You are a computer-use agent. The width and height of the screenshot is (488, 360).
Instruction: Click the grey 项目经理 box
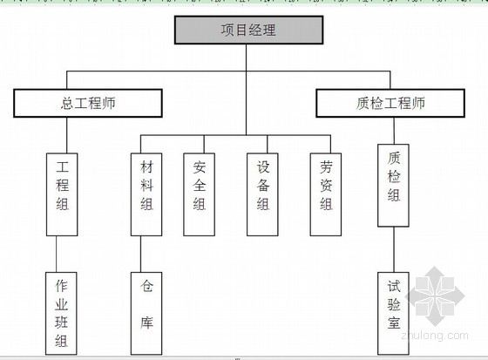[248, 30]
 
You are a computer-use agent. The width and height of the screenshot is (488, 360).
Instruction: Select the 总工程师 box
[88, 103]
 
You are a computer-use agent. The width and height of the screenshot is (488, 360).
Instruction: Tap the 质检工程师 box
[390, 103]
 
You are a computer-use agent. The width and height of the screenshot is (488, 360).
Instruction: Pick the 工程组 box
[62, 194]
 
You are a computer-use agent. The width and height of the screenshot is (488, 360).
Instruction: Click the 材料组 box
[146, 194]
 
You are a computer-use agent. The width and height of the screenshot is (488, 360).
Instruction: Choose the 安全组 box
[200, 194]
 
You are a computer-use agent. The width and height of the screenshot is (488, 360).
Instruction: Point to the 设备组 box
[262, 194]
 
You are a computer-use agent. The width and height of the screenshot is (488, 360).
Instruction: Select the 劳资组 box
[326, 194]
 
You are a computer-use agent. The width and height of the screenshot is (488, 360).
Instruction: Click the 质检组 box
[393, 186]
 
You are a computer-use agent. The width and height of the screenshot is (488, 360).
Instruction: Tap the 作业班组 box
[61, 314]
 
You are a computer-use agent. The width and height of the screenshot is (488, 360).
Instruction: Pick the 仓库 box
[146, 314]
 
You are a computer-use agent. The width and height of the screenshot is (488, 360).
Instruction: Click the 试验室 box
[393, 314]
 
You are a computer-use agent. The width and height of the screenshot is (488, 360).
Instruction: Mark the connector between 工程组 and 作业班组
[57, 255]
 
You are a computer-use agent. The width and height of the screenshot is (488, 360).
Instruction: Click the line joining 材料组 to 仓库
[140, 255]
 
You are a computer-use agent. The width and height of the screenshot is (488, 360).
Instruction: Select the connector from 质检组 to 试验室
[394, 249]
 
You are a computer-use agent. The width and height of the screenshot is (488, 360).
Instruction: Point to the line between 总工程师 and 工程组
[67, 135]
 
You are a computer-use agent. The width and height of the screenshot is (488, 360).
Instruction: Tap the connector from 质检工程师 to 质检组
[394, 131]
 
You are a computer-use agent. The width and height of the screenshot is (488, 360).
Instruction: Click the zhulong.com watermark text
[435, 336]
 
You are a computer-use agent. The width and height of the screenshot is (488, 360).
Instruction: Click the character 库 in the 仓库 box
[146, 323]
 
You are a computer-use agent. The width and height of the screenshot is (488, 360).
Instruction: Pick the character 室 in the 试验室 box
[394, 323]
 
